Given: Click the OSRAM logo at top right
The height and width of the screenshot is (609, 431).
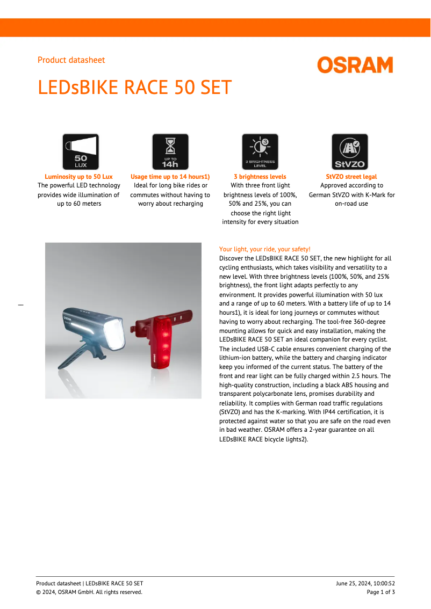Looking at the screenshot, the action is coord(355,66).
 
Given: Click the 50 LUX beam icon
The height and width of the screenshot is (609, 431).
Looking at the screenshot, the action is coord(81,151).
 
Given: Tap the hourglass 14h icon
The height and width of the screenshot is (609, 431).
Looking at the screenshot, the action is coord(170,151).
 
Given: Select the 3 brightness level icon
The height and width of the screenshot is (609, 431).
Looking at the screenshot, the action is coord(260,151).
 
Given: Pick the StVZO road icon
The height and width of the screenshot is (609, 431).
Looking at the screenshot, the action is coord(350,151).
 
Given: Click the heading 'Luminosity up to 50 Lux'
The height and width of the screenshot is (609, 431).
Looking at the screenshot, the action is coord(78,177).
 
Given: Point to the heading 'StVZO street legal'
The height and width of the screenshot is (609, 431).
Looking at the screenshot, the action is coord(351,177).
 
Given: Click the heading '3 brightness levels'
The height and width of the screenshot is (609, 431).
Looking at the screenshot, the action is coord(260,177).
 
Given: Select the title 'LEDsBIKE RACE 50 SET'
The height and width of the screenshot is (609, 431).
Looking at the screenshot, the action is coord(135,87).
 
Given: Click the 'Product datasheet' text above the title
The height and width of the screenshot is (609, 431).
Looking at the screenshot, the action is coord(71,60).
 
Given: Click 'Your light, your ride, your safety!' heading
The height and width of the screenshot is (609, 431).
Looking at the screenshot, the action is coord(264,249).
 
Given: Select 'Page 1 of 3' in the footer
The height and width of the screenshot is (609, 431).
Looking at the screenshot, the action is coord(381,592).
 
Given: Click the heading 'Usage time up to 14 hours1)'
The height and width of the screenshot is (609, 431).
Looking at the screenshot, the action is coord(170,177).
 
